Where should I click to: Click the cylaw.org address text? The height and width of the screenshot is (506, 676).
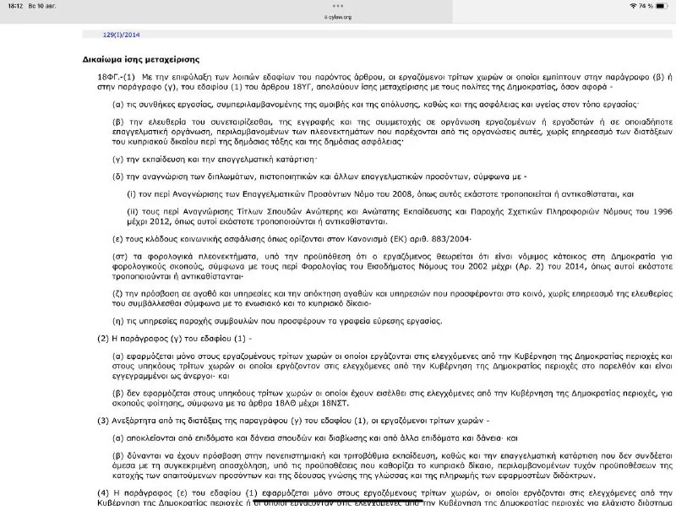(x=338, y=15)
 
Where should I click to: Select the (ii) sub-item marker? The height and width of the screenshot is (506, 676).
(x=133, y=211)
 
